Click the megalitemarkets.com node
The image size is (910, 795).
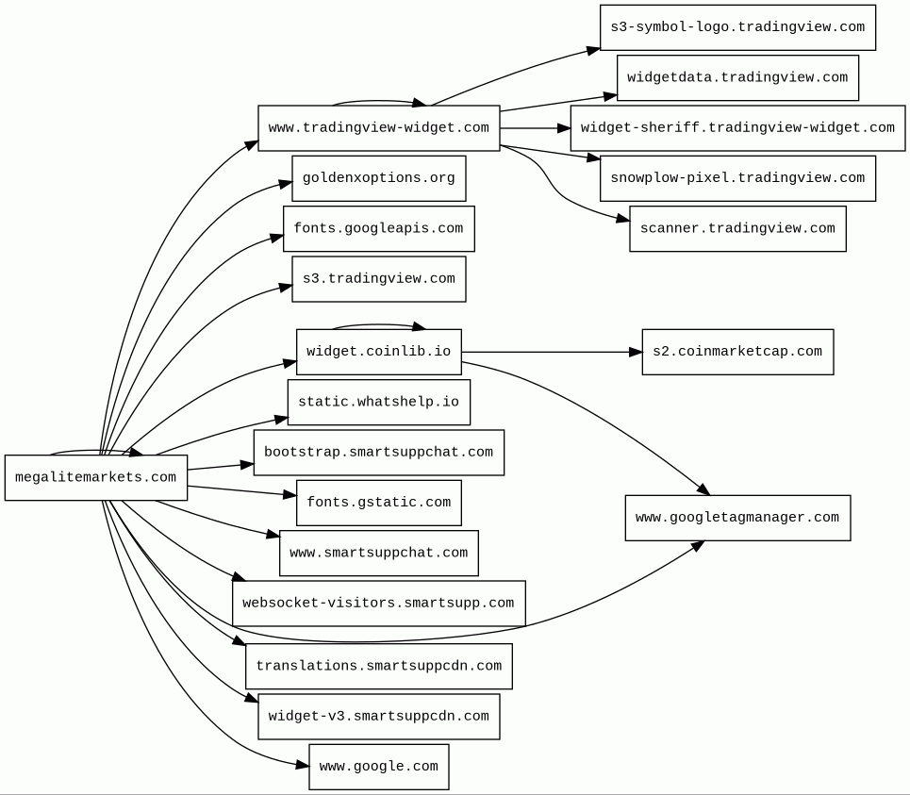click(96, 477)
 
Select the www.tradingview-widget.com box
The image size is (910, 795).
click(379, 128)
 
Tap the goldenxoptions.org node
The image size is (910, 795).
click(379, 178)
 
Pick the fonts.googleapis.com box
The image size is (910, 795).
click(379, 228)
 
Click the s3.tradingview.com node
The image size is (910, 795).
click(379, 279)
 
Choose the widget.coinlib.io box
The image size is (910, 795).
click(379, 352)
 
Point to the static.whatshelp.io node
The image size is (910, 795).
click(379, 402)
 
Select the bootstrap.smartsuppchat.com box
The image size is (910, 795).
click(379, 453)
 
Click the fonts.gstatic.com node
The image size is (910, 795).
click(379, 503)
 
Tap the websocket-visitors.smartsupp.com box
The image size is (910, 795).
click(379, 604)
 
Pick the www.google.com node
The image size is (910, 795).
click(379, 767)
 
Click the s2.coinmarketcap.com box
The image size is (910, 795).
click(737, 352)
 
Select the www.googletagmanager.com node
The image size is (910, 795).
click(737, 518)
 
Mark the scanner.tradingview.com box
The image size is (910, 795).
click(737, 228)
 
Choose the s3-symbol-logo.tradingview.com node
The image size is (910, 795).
click(737, 27)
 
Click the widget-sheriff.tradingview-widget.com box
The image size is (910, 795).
click(737, 128)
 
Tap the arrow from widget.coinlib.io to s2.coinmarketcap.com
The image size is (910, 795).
click(552, 352)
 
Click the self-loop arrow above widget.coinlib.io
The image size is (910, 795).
click(378, 325)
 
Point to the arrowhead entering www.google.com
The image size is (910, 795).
click(303, 766)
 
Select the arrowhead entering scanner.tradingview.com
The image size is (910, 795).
click(622, 219)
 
